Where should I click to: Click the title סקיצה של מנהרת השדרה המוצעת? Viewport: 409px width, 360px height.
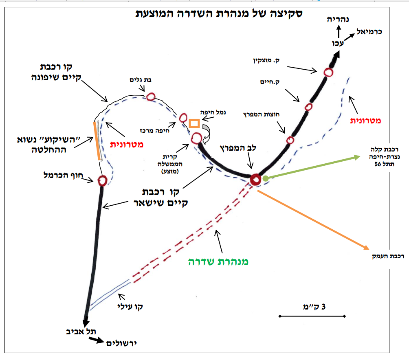[219, 13]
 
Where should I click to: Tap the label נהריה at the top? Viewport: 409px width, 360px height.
[338, 19]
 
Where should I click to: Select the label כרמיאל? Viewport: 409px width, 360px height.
[369, 32]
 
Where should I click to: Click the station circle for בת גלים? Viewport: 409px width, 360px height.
[150, 97]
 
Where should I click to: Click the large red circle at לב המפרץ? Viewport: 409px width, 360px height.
[255, 180]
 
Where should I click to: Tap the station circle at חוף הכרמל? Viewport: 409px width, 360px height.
[102, 180]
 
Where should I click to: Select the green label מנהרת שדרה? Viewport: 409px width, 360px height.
[218, 262]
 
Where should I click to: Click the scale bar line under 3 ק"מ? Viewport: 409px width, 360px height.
[312, 316]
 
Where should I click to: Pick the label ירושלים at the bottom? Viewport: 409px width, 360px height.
[121, 343]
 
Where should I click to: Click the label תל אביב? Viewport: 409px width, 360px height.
[81, 331]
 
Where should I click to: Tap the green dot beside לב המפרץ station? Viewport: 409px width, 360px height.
[265, 178]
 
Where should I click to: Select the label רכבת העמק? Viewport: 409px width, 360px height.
[388, 256]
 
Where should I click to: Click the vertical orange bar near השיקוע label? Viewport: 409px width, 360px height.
[97, 141]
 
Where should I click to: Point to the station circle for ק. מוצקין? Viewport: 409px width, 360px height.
[328, 72]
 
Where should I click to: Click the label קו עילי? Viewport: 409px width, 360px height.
[130, 307]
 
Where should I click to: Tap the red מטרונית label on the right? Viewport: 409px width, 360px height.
[365, 121]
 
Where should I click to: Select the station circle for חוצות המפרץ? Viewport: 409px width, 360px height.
[290, 140]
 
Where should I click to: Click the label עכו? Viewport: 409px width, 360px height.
[338, 43]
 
